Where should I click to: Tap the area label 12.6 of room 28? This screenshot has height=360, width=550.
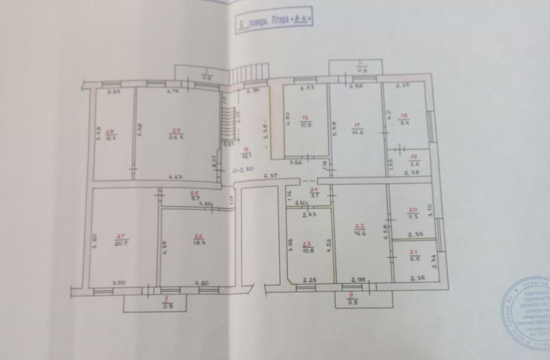pos(110,138)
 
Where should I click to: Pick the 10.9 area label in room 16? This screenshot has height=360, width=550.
pos(306,124)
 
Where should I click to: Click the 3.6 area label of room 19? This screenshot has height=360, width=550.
pos(415,164)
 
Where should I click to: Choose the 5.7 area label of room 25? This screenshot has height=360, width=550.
pos(194,198)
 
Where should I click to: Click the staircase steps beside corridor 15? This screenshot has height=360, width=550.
pos(227,124)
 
